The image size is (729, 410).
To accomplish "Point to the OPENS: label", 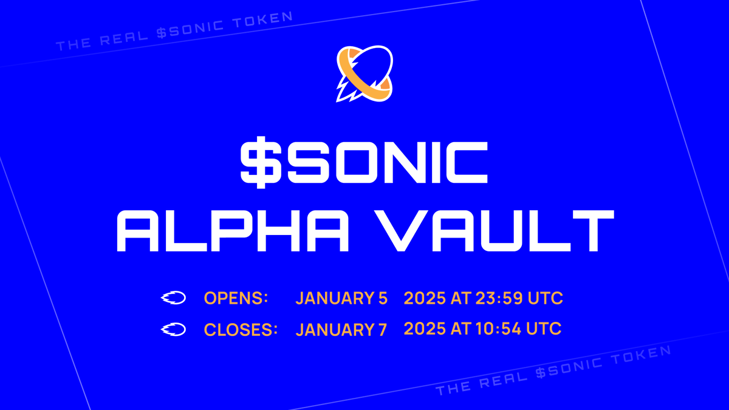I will tap(236, 299).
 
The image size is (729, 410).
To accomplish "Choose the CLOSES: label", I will tap(241, 330).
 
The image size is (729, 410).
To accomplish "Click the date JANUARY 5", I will tap(341, 299).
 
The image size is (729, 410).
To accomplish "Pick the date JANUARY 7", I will tap(341, 330).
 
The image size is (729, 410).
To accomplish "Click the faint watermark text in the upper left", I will tap(174, 29).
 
